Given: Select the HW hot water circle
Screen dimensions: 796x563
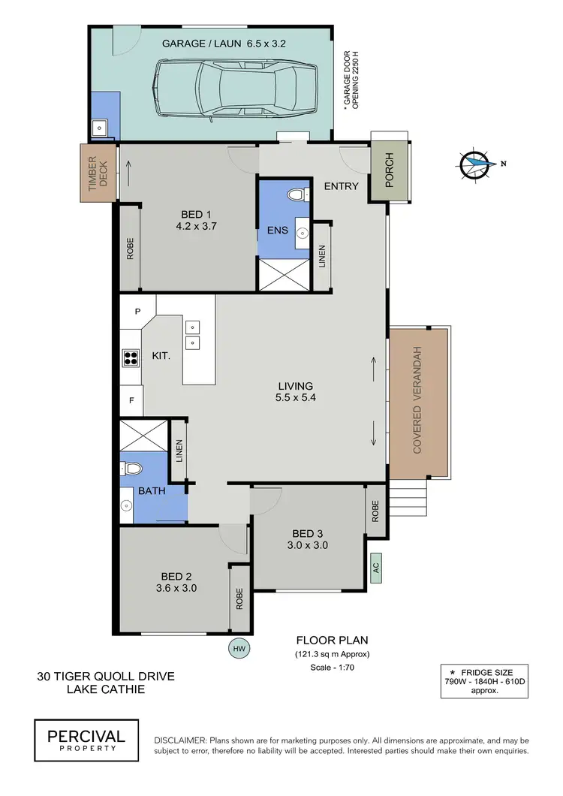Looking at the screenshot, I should (x=239, y=647).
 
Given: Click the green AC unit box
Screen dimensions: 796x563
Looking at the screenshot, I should (x=376, y=567).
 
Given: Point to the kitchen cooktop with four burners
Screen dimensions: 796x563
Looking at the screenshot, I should (x=131, y=357).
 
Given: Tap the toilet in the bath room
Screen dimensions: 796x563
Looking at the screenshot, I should (x=132, y=469).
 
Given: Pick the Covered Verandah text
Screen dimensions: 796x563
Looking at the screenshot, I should (x=417, y=401).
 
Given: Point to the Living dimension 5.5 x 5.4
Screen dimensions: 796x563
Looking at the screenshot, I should (x=294, y=397).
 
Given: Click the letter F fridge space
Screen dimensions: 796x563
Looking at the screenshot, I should (x=131, y=400).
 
